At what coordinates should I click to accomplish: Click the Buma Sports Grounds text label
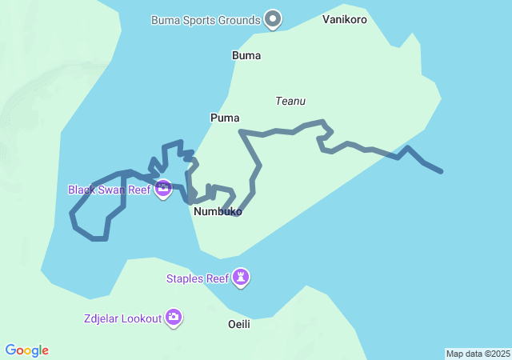coord(206,20)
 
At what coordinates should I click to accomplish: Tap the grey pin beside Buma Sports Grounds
coord(274,18)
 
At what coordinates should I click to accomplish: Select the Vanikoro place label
coord(345,19)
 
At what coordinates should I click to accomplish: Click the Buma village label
coord(246,55)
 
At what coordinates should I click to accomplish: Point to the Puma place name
coord(225,118)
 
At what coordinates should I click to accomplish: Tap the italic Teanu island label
coord(290,101)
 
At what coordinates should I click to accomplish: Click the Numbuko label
coord(218,212)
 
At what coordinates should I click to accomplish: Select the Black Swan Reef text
coord(109,190)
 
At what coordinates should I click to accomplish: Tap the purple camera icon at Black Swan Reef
coord(163,190)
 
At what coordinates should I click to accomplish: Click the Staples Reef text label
coord(197,278)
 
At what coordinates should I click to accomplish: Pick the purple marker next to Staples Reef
coord(241,278)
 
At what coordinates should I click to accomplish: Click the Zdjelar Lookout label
coord(122,318)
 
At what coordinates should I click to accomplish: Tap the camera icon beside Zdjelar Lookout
coord(174,318)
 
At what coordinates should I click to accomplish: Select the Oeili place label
coord(239,323)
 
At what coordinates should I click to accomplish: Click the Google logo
coord(27,350)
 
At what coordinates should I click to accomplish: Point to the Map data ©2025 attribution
coord(478,354)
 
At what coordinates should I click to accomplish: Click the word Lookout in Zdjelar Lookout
coord(141,318)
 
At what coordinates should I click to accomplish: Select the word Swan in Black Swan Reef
coord(112,190)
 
